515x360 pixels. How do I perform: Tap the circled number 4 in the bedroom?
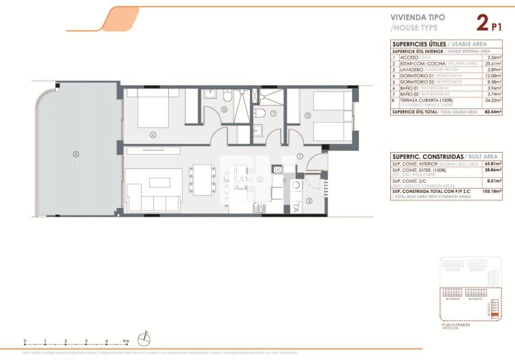click(154, 134)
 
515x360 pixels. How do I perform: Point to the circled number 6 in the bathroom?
click(215, 109)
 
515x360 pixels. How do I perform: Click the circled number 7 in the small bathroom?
click(273, 113)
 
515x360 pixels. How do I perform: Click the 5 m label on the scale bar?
click(127, 340)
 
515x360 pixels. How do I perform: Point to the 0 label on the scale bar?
click(24, 340)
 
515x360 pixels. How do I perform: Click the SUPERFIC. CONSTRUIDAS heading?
click(416, 156)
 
